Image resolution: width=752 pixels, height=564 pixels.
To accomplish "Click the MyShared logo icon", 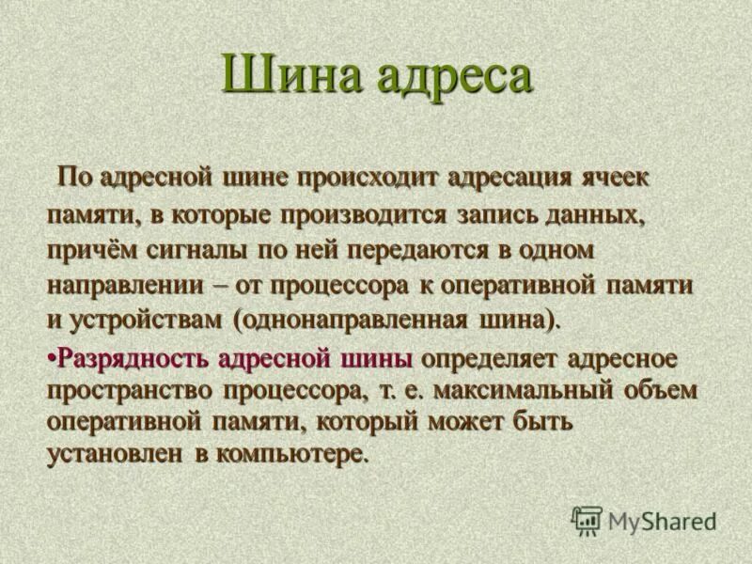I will (x=587, y=520).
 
